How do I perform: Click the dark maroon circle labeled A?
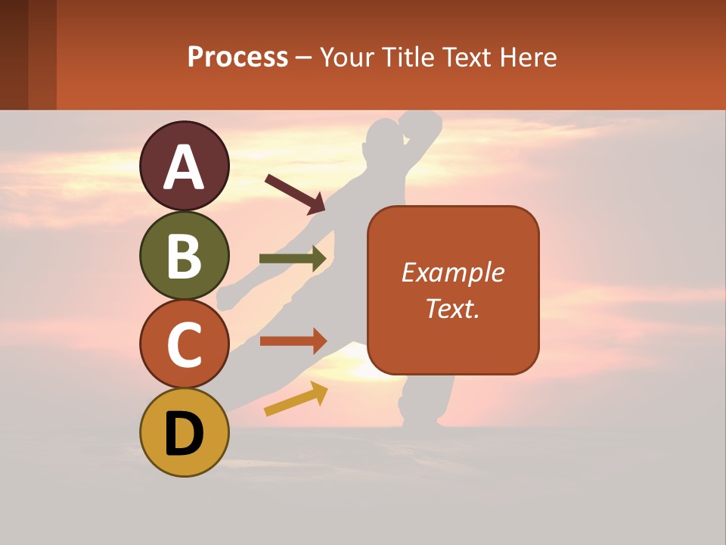184,166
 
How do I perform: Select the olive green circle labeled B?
184,255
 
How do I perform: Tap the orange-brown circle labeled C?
184,344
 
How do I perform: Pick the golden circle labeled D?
184,433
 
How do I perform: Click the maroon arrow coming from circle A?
295,193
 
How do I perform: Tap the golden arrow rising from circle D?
296,399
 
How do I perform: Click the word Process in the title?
237,57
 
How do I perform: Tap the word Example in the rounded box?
452,272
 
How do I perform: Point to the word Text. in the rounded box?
452,308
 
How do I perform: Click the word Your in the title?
345,57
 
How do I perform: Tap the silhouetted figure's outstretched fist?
225,298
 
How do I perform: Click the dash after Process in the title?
304,58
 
